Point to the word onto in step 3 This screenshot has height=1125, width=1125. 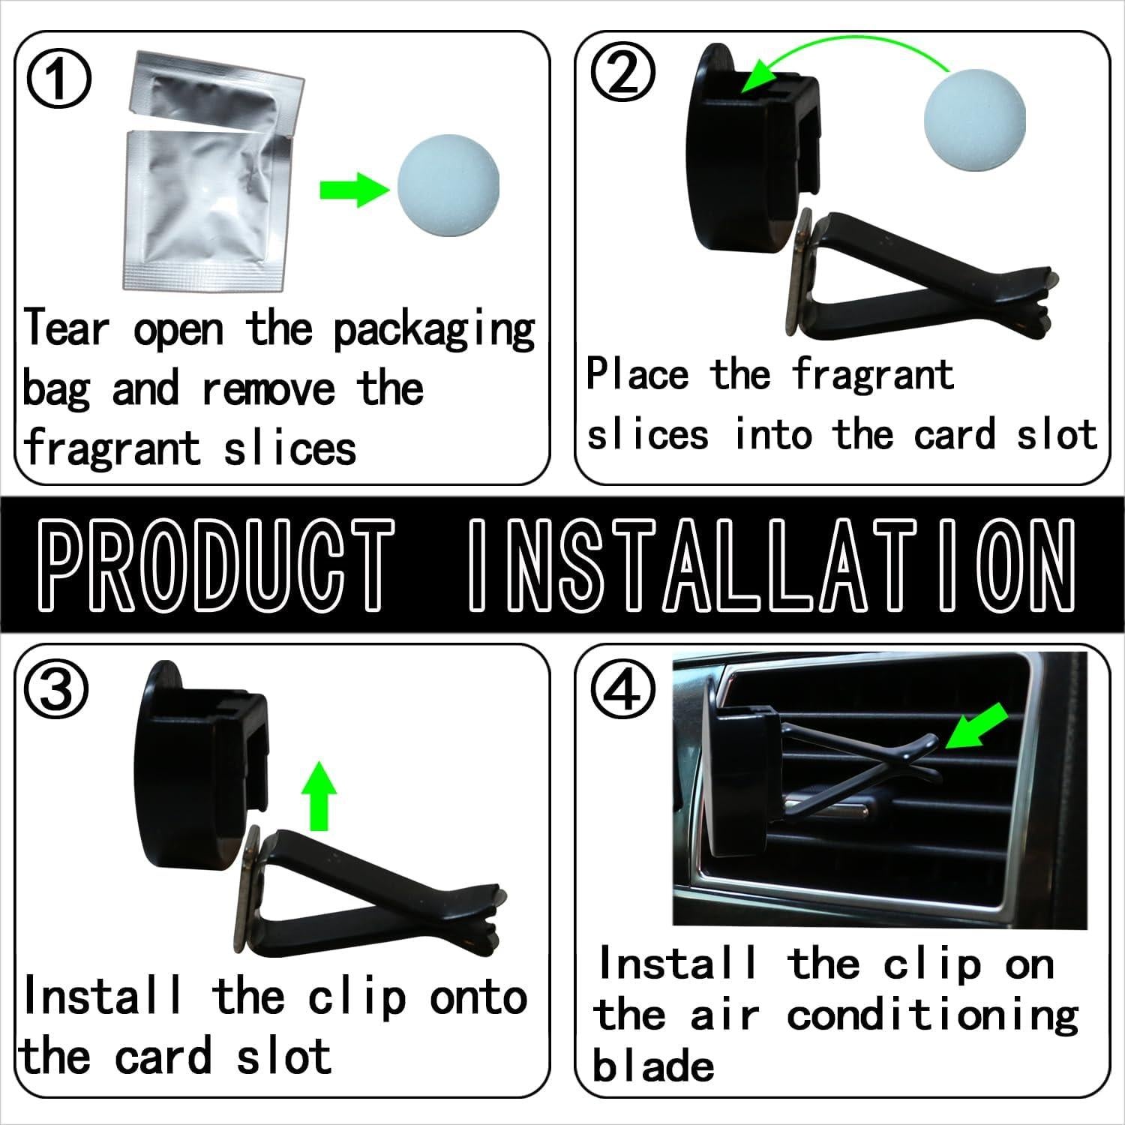pos(478,998)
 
